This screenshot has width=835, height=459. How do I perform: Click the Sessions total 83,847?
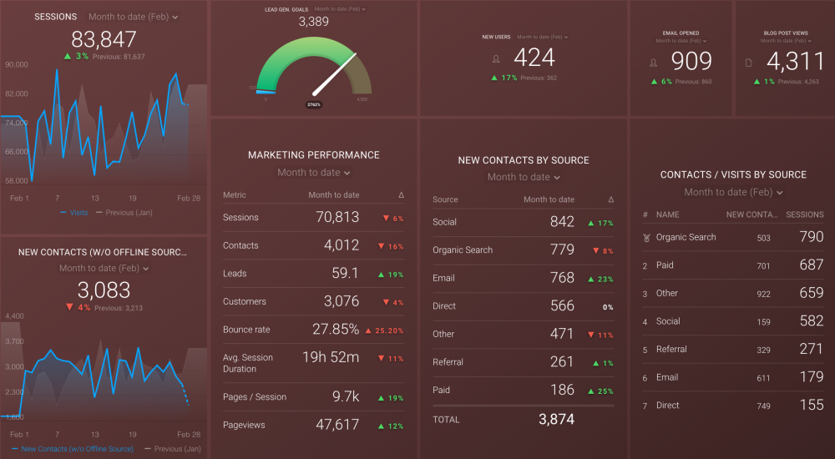click(x=104, y=39)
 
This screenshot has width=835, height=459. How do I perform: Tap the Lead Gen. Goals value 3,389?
click(x=313, y=22)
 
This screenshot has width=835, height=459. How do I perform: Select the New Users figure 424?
click(x=535, y=58)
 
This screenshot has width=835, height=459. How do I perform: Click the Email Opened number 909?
click(x=692, y=61)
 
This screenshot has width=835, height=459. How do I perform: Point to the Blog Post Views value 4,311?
click(x=788, y=61)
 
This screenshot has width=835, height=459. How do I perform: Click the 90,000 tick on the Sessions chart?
click(x=16, y=64)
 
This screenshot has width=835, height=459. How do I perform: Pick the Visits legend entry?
click(x=78, y=213)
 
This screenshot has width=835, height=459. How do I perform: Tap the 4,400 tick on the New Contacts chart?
click(x=13, y=316)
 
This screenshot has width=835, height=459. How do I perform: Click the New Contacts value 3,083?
click(x=104, y=290)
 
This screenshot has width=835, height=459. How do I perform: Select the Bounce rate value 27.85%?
click(x=336, y=329)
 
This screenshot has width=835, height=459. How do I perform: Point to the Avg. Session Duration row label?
click(x=248, y=363)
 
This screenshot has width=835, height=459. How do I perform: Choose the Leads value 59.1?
click(x=345, y=273)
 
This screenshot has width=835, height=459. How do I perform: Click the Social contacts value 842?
click(x=562, y=221)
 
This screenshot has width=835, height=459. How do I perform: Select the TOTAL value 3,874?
click(x=556, y=419)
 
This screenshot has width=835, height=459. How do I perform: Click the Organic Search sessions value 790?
click(x=812, y=237)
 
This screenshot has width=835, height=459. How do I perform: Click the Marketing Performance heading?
click(x=313, y=155)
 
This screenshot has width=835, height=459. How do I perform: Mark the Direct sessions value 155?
click(x=812, y=406)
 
